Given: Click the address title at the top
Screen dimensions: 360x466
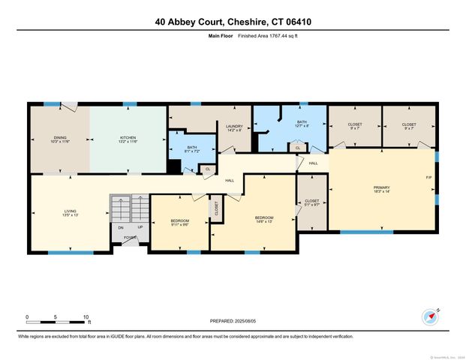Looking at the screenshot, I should (x=233, y=22).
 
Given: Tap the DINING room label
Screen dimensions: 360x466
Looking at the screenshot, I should (x=59, y=139).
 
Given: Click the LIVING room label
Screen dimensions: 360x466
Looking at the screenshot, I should (x=69, y=213).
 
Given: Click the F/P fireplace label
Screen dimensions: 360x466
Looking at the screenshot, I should (x=428, y=177).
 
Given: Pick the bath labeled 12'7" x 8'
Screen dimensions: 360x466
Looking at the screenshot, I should (x=302, y=124).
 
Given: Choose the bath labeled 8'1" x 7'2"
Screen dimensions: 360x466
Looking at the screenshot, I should (x=192, y=149).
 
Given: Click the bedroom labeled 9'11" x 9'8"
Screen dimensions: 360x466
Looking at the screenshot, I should (x=180, y=222).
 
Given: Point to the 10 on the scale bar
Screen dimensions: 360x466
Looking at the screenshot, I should (x=87, y=316).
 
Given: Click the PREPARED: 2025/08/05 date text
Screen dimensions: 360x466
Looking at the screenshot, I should (x=233, y=320).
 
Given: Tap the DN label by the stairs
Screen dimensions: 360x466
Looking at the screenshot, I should (x=119, y=228).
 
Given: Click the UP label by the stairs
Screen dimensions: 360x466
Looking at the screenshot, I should (x=140, y=228).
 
